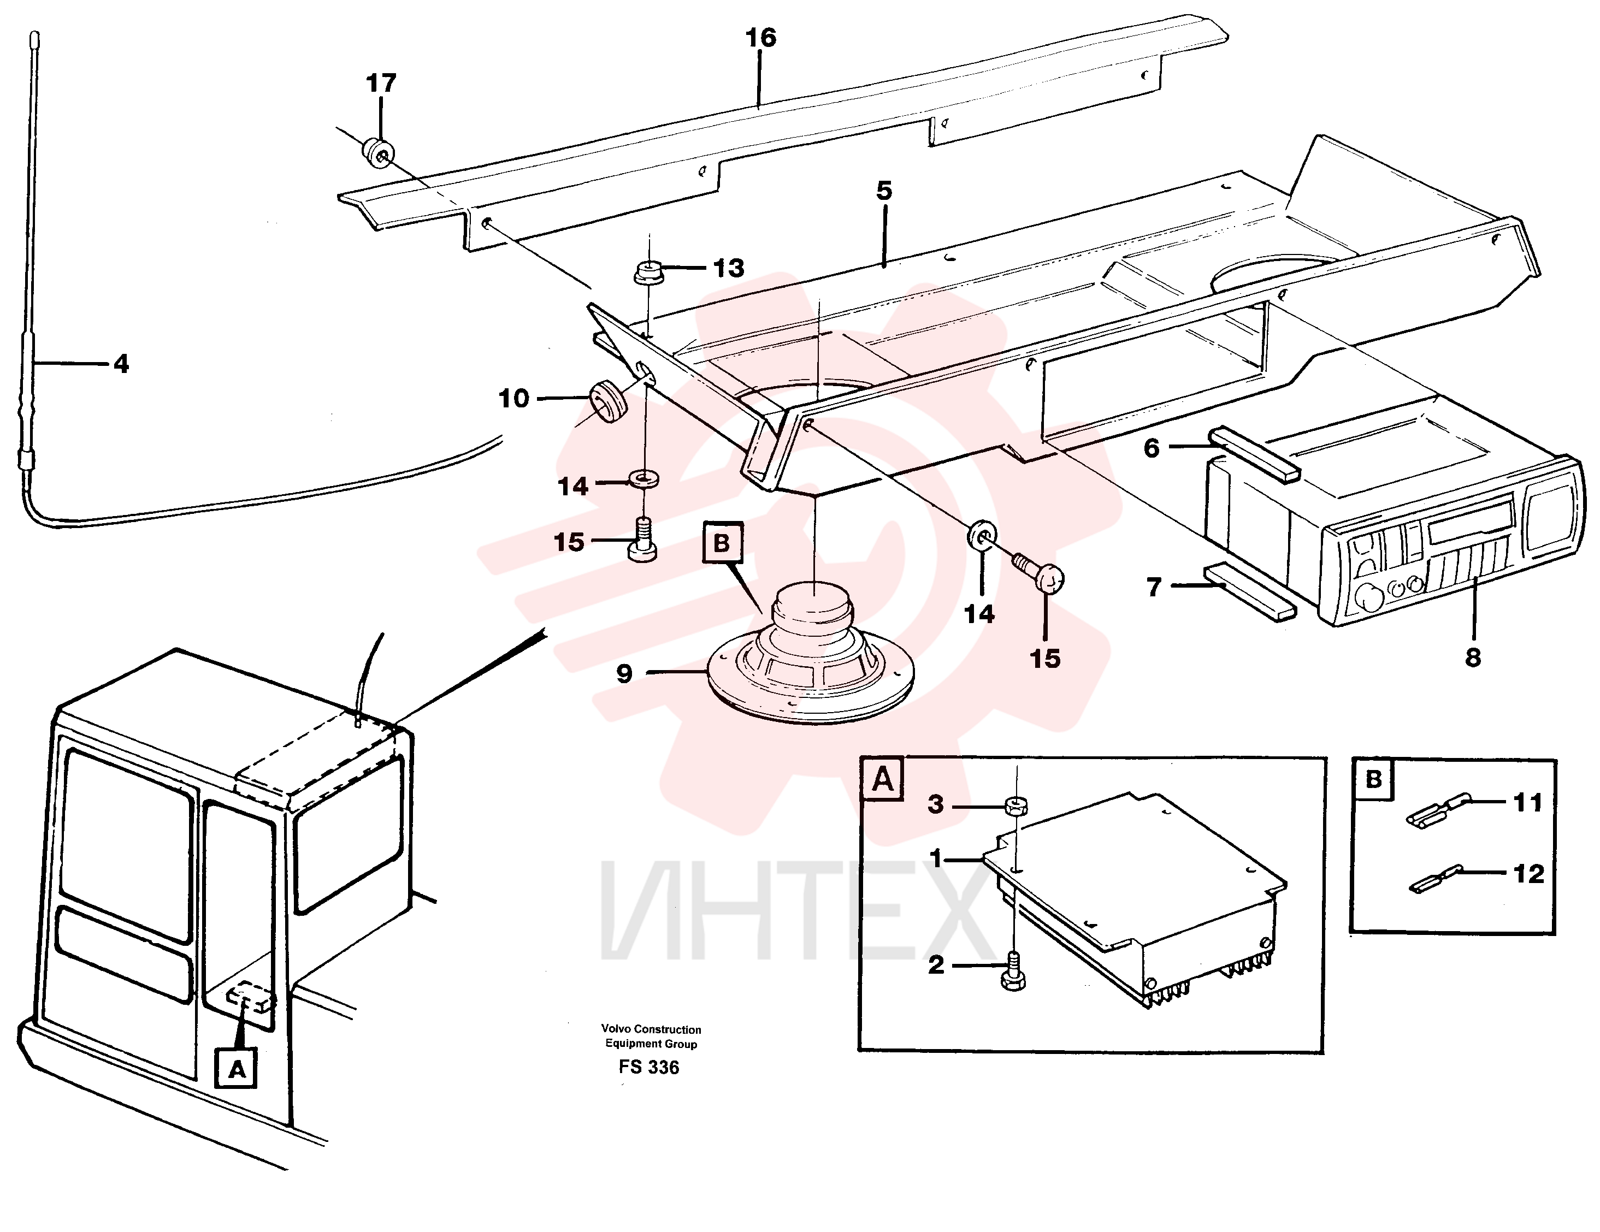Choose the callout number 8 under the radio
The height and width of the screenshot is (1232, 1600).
[1473, 656]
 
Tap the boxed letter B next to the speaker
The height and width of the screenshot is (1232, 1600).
[722, 543]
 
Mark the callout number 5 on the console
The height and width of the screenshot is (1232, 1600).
[884, 191]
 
